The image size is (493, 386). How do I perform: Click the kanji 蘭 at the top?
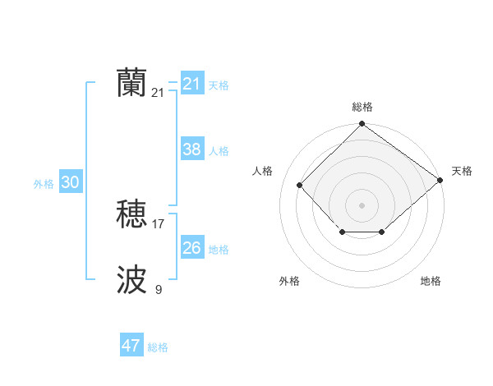point(131,83)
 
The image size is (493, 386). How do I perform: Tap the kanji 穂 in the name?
point(131,214)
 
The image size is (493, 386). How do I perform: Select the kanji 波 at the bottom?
point(131,280)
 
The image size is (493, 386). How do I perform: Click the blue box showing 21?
point(191,84)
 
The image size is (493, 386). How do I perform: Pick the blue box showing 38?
point(191,149)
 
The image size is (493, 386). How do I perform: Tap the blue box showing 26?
point(191,248)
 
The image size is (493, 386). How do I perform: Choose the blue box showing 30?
point(70,183)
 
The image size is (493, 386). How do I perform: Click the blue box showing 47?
point(131,346)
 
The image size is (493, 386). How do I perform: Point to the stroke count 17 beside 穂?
point(159,223)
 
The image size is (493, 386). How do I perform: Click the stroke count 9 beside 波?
point(159,289)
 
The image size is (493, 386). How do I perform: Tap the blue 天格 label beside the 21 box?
point(219,85)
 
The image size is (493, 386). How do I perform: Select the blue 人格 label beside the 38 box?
point(219,151)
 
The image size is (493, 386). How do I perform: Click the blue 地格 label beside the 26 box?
point(219,250)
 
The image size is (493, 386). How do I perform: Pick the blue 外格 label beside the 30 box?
point(44,185)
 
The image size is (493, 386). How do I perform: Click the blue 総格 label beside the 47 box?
point(158,347)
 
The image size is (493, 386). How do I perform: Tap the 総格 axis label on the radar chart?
point(362,107)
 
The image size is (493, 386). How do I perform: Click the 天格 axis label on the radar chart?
point(462,171)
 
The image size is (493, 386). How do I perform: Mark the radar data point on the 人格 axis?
point(300,185)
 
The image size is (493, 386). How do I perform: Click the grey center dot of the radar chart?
point(362,204)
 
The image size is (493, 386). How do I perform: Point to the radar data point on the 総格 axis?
point(362,125)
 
